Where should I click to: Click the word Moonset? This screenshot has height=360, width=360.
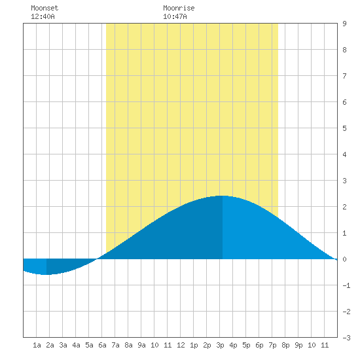tap(45, 8)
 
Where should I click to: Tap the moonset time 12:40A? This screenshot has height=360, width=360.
tap(43, 16)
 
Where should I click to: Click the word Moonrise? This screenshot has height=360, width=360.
tap(179, 8)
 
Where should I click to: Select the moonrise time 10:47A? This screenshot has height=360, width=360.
tap(175, 16)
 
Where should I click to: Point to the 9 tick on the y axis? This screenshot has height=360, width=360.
tap(344, 24)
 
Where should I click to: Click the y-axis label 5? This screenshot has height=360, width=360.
tap(344, 128)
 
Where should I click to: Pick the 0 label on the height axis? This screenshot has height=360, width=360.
tap(344, 259)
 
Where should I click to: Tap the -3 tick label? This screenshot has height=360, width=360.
tap(346, 338)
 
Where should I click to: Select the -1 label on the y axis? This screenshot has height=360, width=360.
tap(346, 285)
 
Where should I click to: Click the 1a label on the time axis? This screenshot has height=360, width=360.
tap(37, 345)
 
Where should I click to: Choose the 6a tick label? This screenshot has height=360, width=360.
tap(102, 345)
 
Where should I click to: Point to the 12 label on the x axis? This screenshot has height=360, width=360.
tap(181, 345)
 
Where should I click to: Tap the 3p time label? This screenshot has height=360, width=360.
tap(220, 345)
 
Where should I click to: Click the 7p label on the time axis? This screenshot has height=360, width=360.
tap(272, 345)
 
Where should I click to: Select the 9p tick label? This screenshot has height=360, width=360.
tap(298, 345)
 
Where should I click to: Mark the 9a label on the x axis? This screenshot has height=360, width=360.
tap(141, 345)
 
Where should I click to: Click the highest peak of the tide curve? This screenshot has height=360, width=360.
tap(223, 196)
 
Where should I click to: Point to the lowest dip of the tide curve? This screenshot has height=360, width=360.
tap(46, 275)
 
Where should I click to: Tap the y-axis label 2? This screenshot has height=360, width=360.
tap(344, 207)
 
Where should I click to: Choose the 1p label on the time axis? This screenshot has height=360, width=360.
tap(194, 345)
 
